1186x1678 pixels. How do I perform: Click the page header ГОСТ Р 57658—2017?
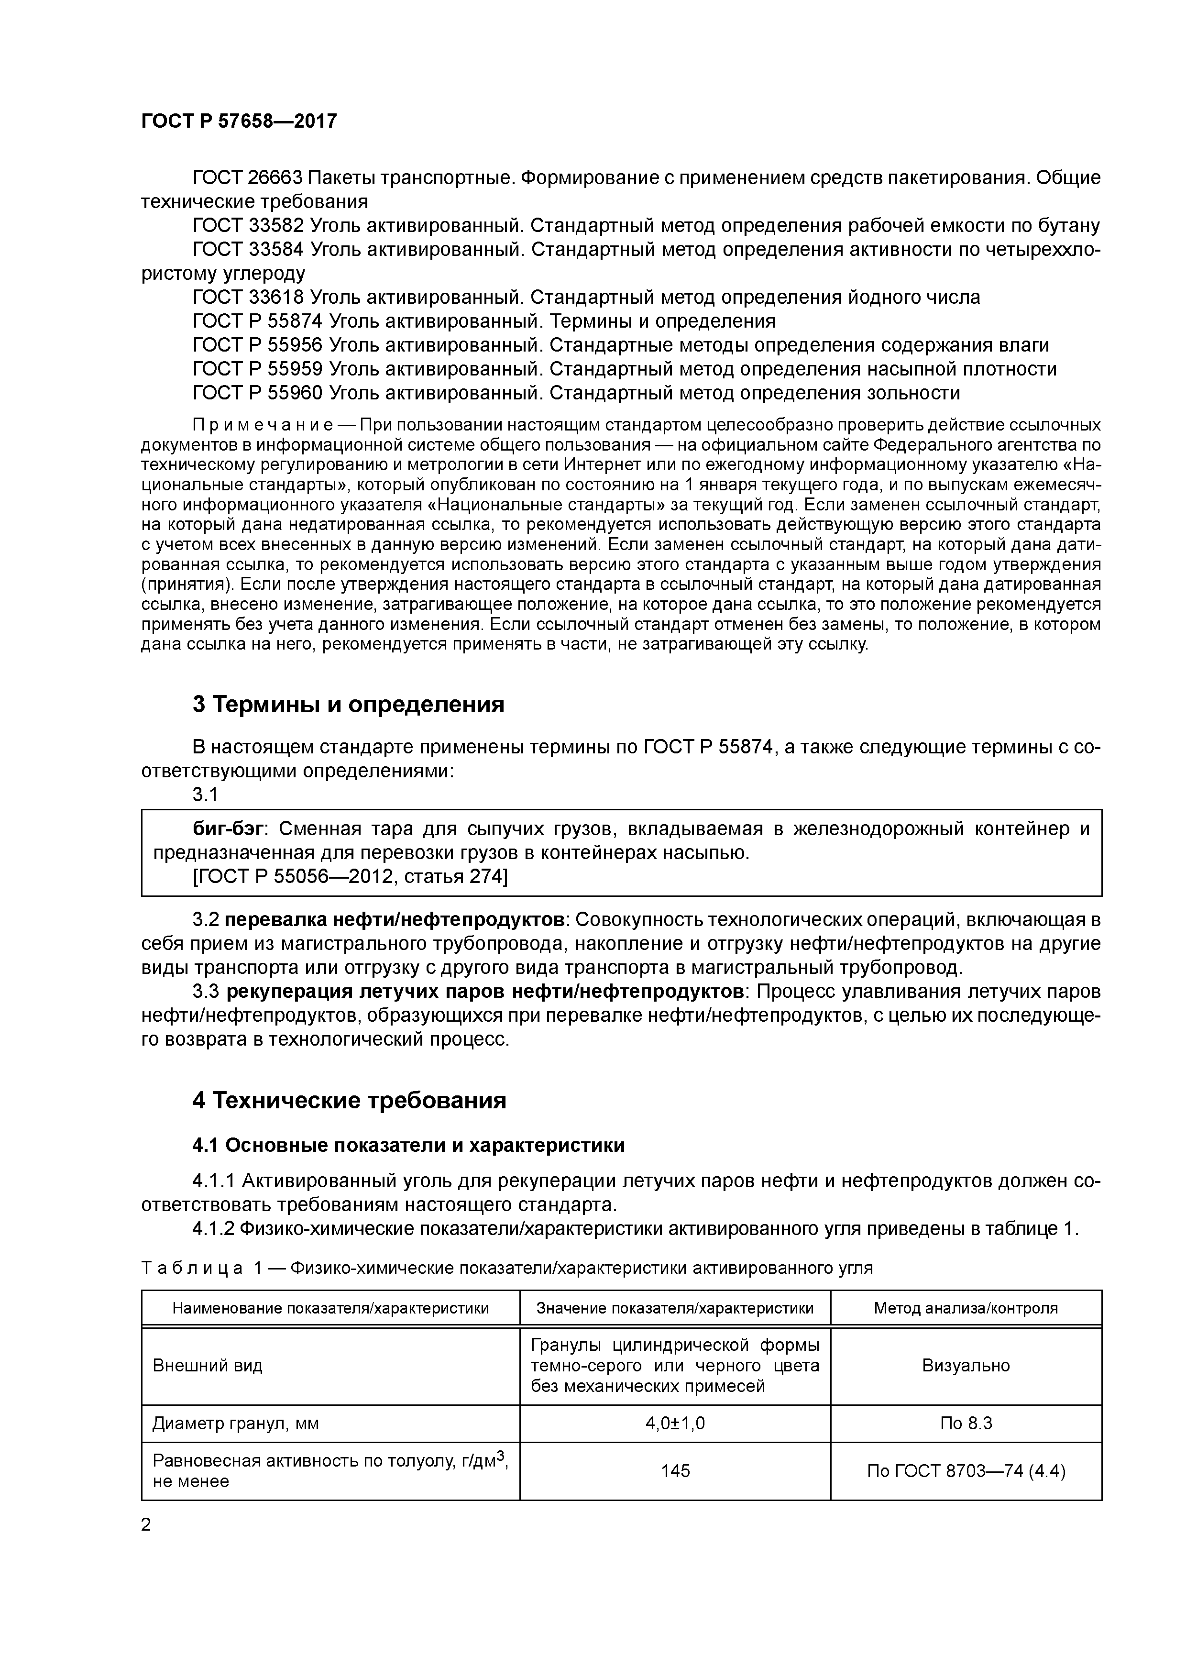pos(239,121)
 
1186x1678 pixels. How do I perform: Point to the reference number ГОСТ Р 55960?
pos(257,393)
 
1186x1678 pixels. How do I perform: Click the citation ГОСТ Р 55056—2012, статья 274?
pos(349,875)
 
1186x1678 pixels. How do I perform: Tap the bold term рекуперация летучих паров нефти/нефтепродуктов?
pos(484,992)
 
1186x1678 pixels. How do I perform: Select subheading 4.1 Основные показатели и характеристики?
pos(408,1145)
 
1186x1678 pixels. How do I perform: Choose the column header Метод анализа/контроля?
pos(966,1308)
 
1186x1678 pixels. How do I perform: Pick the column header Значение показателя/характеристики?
pos(674,1308)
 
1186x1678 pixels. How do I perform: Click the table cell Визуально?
pos(966,1365)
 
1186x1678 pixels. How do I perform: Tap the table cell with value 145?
pos(674,1470)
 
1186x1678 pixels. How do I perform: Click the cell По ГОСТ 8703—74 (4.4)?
pos(966,1470)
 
